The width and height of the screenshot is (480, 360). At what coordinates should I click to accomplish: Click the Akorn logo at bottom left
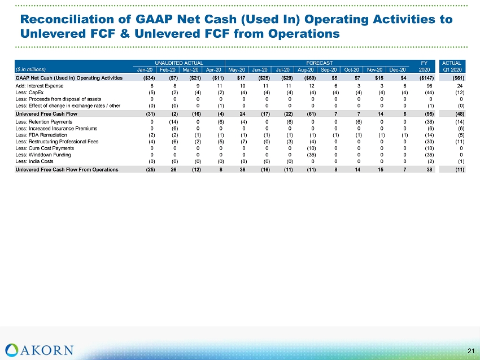tap(40, 350)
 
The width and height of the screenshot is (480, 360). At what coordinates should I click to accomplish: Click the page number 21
tap(471, 351)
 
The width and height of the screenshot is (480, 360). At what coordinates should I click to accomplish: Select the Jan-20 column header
tap(145, 70)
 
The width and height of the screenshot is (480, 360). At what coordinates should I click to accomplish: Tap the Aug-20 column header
tap(306, 70)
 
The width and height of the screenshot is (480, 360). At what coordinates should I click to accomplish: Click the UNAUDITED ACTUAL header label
tap(179, 63)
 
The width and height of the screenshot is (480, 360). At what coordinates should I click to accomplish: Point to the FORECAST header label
tap(319, 63)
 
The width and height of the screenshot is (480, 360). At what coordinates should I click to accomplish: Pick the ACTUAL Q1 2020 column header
tap(452, 67)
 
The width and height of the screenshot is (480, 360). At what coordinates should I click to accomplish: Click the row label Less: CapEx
tap(29, 93)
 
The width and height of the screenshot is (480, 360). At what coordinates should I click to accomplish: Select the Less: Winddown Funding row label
tap(43, 155)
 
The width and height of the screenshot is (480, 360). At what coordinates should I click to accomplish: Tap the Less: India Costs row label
tap(34, 161)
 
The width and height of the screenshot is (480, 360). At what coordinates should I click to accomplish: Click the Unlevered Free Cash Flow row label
tap(46, 114)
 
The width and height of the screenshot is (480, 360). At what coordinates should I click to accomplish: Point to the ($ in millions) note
tap(30, 69)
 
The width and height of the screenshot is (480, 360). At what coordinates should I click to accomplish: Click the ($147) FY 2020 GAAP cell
tap(426, 78)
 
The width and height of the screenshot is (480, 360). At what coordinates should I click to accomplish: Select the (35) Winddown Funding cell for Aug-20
tap(311, 155)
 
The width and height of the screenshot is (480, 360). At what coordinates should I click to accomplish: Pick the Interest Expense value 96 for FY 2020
tap(429, 86)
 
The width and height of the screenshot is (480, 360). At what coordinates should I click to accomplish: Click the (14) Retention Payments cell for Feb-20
tap(173, 122)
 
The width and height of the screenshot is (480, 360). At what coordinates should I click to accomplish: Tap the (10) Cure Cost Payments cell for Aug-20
tap(311, 148)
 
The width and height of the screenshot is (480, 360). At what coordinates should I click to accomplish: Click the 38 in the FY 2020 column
tap(429, 169)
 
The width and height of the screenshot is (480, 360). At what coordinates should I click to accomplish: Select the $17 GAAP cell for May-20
tap(241, 78)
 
